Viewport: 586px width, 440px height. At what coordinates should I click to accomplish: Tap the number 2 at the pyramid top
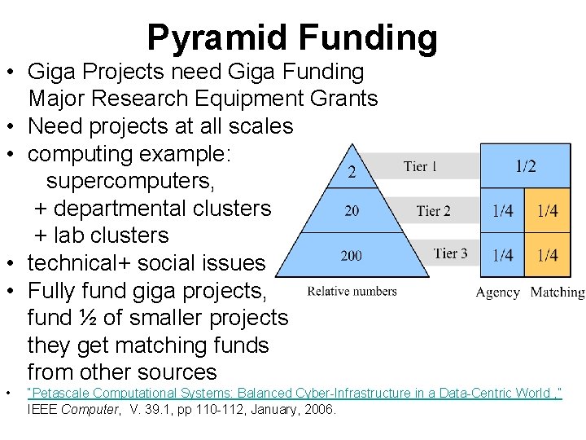(x=352, y=171)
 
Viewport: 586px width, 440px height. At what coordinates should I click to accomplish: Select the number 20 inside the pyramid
(x=352, y=211)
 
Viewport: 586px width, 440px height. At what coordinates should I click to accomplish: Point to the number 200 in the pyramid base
(x=352, y=256)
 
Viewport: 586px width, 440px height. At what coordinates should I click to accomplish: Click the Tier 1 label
(x=420, y=167)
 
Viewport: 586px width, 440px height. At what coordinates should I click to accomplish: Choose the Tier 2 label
(x=433, y=211)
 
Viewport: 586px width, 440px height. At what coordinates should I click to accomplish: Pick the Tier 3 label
(x=450, y=253)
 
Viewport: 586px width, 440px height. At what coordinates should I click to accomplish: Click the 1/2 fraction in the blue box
(x=526, y=166)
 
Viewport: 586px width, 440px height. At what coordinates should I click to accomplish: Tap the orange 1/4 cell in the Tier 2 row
(x=548, y=211)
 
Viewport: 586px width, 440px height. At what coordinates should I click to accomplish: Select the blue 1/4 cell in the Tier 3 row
(x=502, y=255)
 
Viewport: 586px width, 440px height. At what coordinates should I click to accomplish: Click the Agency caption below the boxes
(x=498, y=293)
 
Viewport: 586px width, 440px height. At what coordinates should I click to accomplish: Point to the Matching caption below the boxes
(x=557, y=293)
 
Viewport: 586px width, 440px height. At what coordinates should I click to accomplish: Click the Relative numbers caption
(x=352, y=291)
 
